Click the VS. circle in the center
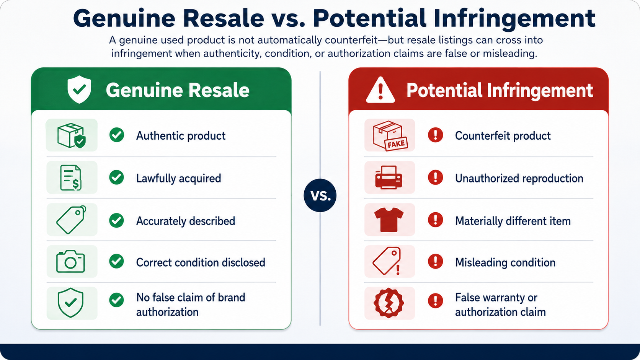point(320,195)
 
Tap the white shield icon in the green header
point(79,90)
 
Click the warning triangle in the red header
point(380,90)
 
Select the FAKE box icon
point(390,135)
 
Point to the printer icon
point(389,177)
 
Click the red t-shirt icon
point(389,219)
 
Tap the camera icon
point(70,261)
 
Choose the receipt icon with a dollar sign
point(71,178)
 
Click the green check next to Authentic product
point(117,135)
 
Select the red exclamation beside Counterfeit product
point(436,135)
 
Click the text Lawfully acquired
point(179,178)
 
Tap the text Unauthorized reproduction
point(519,178)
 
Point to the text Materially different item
point(513,221)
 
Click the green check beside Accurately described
point(117,220)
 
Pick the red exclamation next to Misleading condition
point(436,262)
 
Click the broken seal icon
point(389,303)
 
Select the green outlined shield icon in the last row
point(70,303)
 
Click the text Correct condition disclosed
point(201,263)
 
